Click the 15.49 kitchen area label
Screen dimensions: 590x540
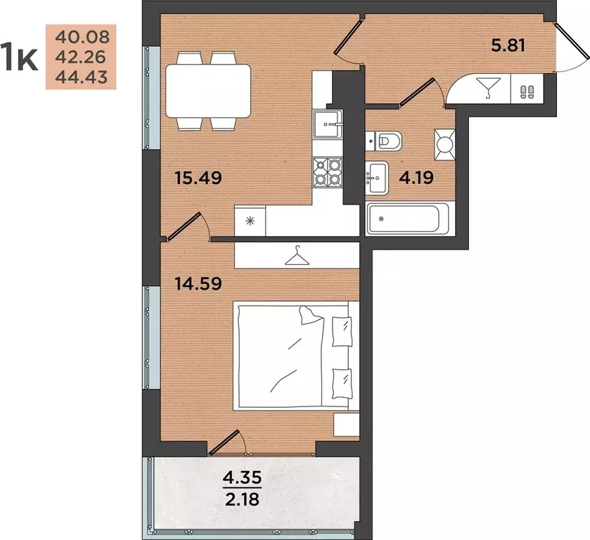[x=199, y=178]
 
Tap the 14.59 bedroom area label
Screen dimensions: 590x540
[x=199, y=284]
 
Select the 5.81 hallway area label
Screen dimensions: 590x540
[x=508, y=46]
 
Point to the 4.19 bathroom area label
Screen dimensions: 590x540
[x=416, y=177]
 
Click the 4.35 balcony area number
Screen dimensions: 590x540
[x=242, y=478]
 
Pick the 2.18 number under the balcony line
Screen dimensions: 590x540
[x=242, y=499]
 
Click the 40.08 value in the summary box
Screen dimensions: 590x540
[x=82, y=37]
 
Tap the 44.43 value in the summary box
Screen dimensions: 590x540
[x=82, y=77]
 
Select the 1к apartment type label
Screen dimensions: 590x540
[x=19, y=57]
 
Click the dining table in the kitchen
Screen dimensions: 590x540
[x=208, y=91]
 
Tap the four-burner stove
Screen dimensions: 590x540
[x=328, y=172]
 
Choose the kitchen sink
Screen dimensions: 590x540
[x=328, y=124]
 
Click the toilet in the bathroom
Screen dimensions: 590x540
[x=383, y=141]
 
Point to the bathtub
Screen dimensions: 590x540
[x=407, y=219]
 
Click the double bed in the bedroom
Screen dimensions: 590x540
[x=296, y=356]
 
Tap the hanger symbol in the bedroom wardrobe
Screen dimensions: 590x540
[x=297, y=256]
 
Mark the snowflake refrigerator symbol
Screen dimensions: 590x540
[x=250, y=221]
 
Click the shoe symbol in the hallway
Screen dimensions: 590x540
[x=527, y=91]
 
